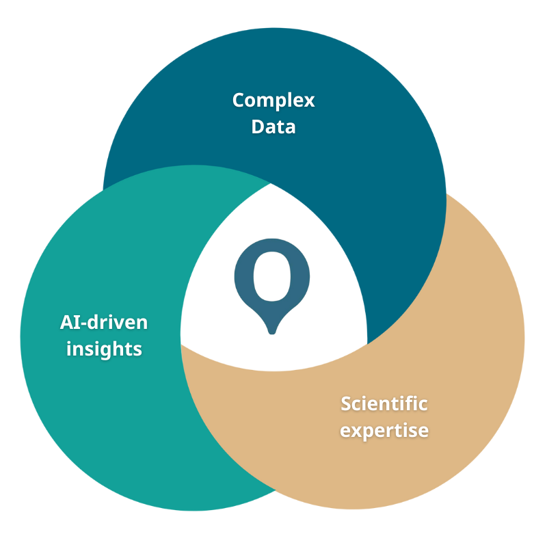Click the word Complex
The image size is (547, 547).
(273, 101)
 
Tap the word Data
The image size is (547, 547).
(273, 126)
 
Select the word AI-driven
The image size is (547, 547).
(103, 322)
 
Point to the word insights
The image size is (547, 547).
(104, 349)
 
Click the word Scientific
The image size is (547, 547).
(384, 403)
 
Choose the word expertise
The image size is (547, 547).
(384, 431)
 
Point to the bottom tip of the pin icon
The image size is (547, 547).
(272, 332)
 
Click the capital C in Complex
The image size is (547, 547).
(239, 101)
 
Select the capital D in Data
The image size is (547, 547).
(257, 126)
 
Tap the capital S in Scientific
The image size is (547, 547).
(346, 403)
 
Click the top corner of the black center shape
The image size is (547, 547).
(272, 186)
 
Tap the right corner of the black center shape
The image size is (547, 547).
(366, 342)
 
